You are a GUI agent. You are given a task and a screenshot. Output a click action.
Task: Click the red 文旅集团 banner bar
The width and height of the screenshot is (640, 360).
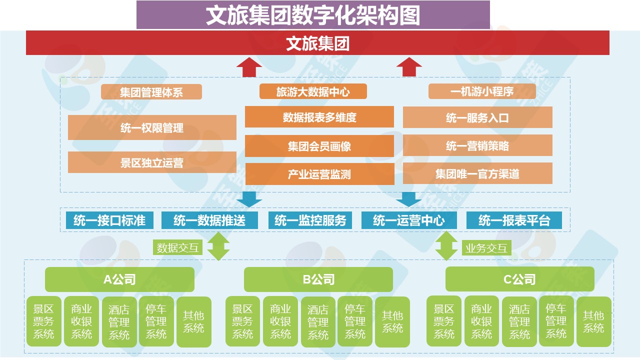coord(317,43)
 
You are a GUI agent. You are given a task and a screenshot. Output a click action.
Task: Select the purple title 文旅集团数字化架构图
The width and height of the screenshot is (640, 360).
coord(313,15)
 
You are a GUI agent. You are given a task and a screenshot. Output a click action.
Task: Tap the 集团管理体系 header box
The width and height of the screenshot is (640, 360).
coord(151,92)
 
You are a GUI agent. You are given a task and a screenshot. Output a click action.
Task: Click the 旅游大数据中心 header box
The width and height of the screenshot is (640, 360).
coord(313,91)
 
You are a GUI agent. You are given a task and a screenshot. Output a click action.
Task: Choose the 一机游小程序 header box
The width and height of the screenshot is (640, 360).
coord(482,91)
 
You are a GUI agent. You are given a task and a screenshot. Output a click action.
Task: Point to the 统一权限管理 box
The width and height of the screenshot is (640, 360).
coord(152,128)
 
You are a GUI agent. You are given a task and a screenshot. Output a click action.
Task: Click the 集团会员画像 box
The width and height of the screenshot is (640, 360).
coord(319,146)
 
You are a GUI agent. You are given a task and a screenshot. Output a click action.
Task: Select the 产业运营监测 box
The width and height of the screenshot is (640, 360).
coord(319,174)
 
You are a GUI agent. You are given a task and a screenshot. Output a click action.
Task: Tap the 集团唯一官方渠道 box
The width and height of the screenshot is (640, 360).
coord(477,173)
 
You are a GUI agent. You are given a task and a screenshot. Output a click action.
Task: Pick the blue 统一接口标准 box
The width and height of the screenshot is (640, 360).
coord(109,220)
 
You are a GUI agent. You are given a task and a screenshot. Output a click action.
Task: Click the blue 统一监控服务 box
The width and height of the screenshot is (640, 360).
coord(310,220)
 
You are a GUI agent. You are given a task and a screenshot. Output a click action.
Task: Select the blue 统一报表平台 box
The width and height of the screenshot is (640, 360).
coord(514,220)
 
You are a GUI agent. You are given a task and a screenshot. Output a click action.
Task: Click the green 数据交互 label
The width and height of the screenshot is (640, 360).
coord(177,247)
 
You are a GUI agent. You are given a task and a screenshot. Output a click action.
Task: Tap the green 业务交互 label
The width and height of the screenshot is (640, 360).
coord(486,247)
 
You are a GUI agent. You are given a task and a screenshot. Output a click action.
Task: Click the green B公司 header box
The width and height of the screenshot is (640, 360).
coord(318,279)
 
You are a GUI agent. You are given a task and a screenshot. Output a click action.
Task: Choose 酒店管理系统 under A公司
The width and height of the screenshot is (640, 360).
coord(119,322)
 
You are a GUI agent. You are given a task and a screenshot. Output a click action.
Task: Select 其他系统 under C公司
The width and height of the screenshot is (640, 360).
coord(593,322)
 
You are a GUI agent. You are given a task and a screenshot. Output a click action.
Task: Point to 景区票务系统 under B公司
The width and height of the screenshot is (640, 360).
coord(242,321)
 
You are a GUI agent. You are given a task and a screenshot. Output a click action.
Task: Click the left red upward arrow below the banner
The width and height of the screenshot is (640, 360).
coord(249,67)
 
